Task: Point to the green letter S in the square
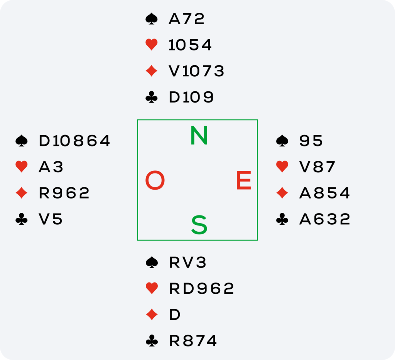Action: pyautogui.click(x=199, y=225)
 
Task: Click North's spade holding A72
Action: pyautogui.click(x=186, y=19)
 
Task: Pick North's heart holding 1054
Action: pyautogui.click(x=190, y=45)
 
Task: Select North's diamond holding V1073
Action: pyautogui.click(x=196, y=71)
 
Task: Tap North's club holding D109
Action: pyautogui.click(x=191, y=98)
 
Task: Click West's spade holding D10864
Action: pyautogui.click(x=74, y=141)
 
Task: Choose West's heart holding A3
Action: pyautogui.click(x=51, y=167)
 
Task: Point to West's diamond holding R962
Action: pyautogui.click(x=64, y=193)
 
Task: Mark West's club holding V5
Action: pyautogui.click(x=51, y=219)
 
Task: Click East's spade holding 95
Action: pyautogui.click(x=311, y=141)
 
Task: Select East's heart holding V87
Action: pyautogui.click(x=317, y=167)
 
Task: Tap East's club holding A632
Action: pyautogui.click(x=324, y=219)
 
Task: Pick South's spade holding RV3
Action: pyautogui.click(x=188, y=263)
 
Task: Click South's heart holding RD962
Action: pyautogui.click(x=201, y=289)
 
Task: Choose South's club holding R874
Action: pyautogui.click(x=193, y=341)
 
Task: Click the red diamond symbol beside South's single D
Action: pyautogui.click(x=152, y=315)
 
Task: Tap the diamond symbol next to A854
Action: pyautogui.click(x=282, y=193)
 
